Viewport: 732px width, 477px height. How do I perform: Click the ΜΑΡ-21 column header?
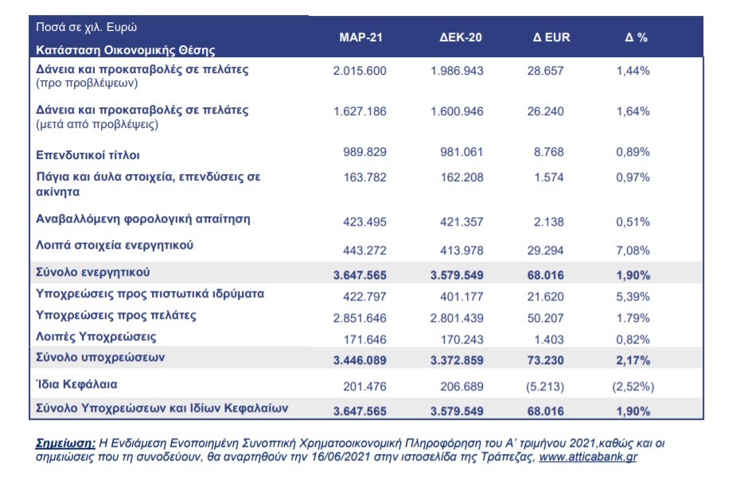point(360,37)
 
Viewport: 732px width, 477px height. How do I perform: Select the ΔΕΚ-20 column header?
point(461,37)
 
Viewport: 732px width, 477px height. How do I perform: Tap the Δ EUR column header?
point(551,37)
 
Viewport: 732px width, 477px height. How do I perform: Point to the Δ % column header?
point(636,37)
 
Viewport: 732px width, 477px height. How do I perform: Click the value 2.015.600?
point(360,71)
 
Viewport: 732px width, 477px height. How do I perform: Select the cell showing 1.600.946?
point(457,111)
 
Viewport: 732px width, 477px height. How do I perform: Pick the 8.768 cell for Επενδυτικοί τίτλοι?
point(548,152)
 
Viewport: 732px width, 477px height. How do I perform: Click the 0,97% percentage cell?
point(633,177)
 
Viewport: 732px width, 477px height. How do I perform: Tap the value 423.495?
point(364,222)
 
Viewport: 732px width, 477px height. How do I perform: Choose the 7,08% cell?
point(633,250)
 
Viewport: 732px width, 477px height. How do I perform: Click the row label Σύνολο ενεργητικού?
point(93,273)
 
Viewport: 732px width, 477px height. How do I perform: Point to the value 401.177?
point(461,297)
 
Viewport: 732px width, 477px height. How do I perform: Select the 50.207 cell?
point(545,318)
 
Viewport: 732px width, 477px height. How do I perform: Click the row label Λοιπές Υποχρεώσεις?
point(96,336)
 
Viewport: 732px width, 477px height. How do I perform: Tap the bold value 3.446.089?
point(360,360)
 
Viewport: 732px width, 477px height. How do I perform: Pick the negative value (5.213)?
point(545,386)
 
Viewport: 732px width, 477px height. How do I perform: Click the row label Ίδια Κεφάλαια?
point(76,384)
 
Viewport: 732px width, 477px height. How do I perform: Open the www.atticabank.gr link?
point(588,457)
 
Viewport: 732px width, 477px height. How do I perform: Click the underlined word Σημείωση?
point(65,444)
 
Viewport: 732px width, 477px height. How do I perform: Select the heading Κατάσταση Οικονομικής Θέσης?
point(126,50)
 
